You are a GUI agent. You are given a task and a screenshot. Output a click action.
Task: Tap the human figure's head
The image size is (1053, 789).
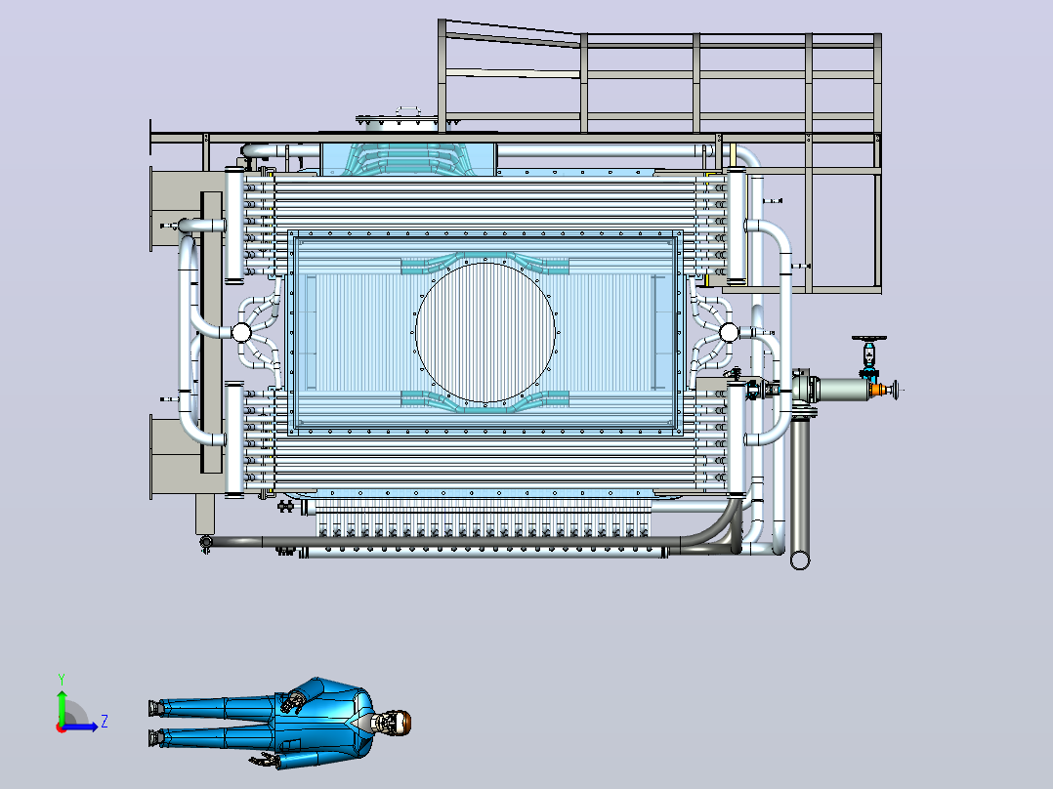[x=394, y=723]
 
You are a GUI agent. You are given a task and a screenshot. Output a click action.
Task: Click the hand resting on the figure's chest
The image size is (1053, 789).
[x=292, y=702]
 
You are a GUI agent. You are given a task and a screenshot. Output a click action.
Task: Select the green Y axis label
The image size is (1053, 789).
[x=62, y=679]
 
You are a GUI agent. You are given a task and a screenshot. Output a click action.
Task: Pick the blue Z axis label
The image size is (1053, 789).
[x=105, y=722]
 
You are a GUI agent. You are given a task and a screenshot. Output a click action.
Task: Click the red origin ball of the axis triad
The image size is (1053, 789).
[x=62, y=727]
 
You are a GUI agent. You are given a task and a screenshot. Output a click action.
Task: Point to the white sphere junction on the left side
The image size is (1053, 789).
[x=241, y=332]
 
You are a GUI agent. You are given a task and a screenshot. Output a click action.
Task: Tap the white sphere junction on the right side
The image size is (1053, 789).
[x=729, y=332]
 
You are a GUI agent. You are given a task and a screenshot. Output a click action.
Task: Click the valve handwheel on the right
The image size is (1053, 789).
[x=869, y=339]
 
